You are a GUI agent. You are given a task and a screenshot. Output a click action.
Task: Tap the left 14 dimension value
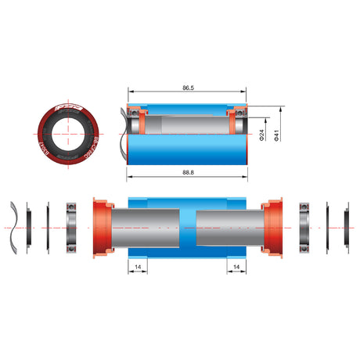coord(138,267)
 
